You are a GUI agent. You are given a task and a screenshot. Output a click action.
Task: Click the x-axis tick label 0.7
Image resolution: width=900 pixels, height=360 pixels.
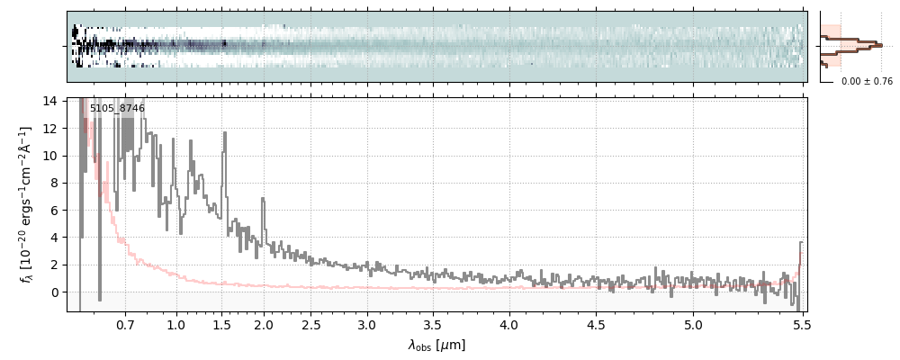[x=125, y=324]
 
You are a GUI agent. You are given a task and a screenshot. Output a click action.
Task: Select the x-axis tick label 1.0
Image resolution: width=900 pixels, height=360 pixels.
[x=176, y=324]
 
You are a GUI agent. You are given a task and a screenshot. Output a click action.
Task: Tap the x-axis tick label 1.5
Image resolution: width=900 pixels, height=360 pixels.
[x=222, y=324]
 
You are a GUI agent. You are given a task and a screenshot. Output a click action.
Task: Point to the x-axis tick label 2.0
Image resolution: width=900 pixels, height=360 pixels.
[x=264, y=324]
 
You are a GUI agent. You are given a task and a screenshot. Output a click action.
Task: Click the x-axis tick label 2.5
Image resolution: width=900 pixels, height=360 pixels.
[x=311, y=324]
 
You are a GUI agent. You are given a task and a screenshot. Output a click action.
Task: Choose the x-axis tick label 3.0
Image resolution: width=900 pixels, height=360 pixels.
[x=366, y=324]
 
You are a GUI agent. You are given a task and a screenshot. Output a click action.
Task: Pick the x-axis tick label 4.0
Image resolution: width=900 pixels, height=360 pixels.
[x=508, y=324]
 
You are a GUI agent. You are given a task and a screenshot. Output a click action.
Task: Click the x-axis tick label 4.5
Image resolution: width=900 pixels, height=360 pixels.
[x=600, y=324]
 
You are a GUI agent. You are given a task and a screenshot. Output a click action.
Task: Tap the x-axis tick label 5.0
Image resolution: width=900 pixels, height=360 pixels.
[x=694, y=324]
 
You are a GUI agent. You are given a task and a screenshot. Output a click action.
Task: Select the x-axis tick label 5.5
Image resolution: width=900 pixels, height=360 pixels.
[x=798, y=324]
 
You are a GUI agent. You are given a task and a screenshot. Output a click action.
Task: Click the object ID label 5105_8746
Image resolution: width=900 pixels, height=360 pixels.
[x=117, y=109]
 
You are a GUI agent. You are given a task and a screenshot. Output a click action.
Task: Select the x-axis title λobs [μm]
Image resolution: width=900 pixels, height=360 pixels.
[x=436, y=345]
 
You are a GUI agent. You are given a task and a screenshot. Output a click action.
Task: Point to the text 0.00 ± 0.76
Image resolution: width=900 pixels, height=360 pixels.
[x=867, y=82]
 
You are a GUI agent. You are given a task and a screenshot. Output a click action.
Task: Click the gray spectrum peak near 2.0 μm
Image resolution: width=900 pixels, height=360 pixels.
[x=263, y=199]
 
